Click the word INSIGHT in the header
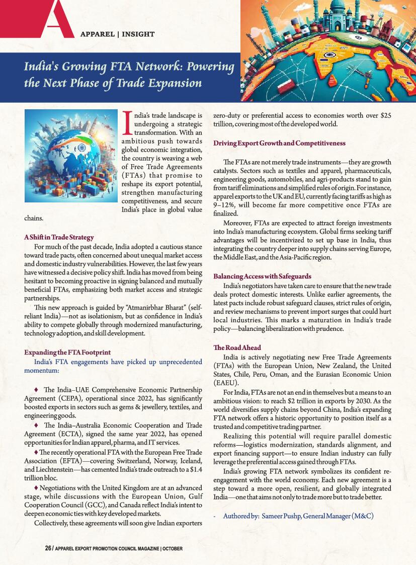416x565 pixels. [x=136, y=34]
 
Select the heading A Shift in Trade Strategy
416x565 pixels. [x=59, y=237]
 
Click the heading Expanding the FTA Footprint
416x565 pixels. [x=67, y=352]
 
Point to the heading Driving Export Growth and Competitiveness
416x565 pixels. [x=280, y=144]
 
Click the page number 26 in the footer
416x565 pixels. [x=48, y=548]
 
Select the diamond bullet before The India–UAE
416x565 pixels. [x=36, y=390]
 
